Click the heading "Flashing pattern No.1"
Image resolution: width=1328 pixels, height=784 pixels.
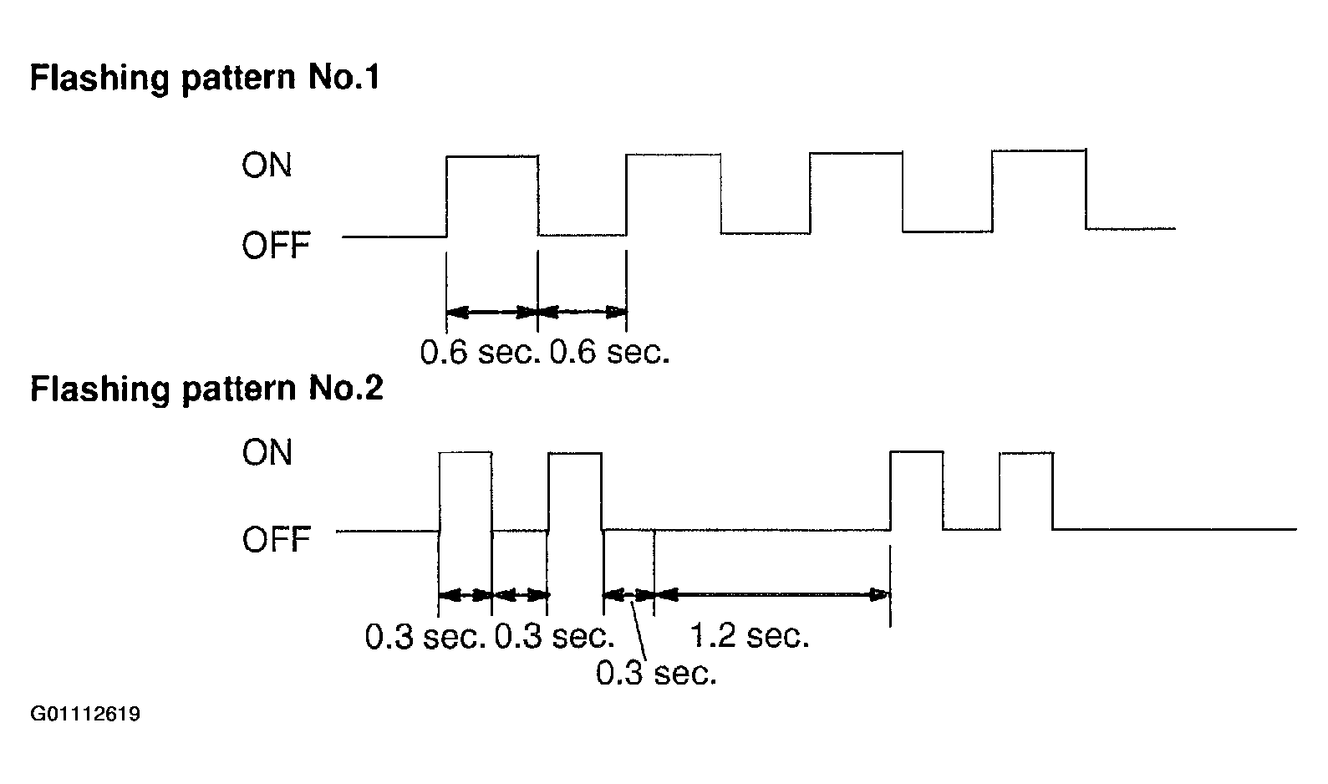205,79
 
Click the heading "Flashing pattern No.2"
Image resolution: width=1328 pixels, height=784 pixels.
206,389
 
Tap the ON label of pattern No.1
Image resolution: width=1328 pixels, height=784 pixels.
267,165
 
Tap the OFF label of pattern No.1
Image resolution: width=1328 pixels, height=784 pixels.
276,246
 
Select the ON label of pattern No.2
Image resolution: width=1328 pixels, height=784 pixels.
267,453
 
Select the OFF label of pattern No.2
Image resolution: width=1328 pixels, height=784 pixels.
276,540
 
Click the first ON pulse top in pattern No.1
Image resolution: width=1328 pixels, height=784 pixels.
492,155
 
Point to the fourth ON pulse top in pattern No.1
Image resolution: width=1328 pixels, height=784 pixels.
1038,150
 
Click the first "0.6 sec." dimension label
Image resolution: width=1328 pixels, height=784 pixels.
480,353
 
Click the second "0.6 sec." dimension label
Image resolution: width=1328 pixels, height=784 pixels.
610,353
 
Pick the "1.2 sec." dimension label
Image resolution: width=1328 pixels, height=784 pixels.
750,637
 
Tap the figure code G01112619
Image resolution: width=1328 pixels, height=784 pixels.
85,715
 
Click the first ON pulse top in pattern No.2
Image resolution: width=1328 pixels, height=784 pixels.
466,452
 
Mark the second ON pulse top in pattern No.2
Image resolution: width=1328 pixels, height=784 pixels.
575,453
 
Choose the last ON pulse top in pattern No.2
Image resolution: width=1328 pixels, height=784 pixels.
1026,452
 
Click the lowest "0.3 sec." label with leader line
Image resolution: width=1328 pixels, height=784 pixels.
656,673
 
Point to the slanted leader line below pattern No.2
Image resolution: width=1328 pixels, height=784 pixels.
641,635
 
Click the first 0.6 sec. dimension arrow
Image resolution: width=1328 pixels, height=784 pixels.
492,313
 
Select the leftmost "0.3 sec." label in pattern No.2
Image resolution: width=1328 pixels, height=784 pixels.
426,637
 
